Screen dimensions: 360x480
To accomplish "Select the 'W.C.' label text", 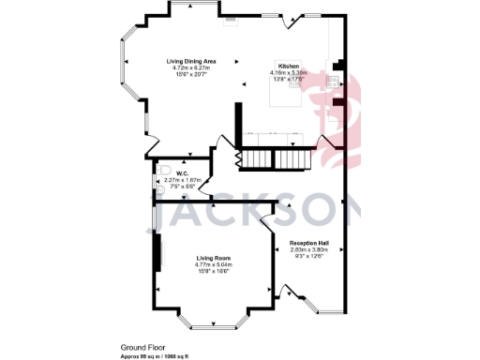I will point(184,172).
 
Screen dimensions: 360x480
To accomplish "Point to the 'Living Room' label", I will point(215,258).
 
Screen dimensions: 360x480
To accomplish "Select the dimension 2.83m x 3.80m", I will point(311,249).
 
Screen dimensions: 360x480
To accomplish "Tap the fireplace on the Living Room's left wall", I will point(157,256).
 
